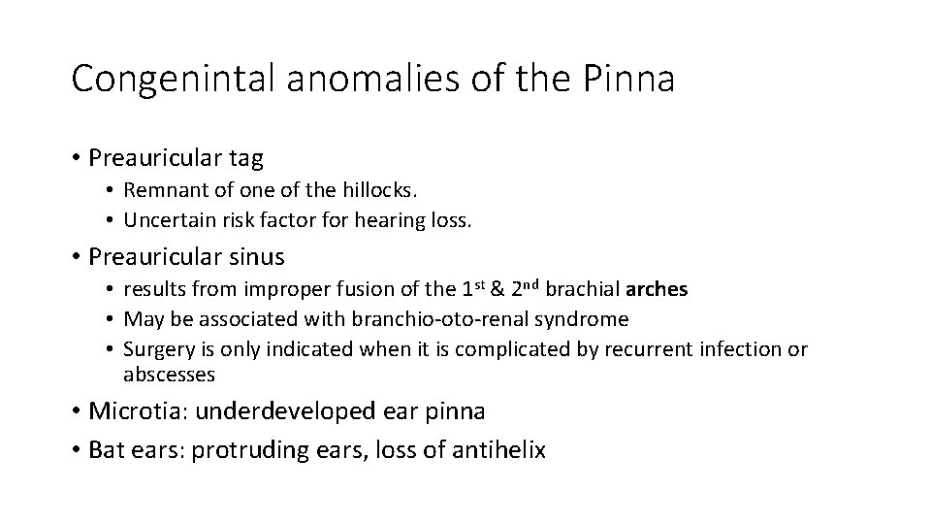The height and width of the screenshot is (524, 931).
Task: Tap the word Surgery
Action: pyautogui.click(x=156, y=348)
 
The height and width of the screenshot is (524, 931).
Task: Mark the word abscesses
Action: pyautogui.click(x=169, y=374)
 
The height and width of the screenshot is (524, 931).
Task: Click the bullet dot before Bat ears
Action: pyautogui.click(x=76, y=449)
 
